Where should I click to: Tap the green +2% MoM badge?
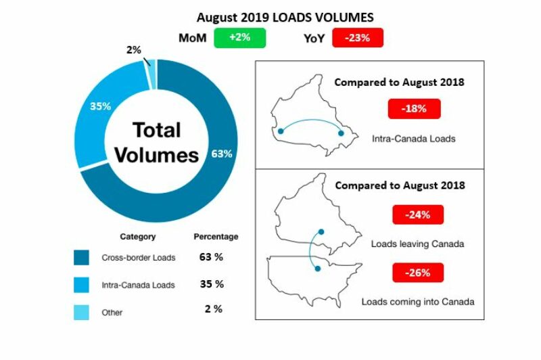coord(240,38)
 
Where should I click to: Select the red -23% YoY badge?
coord(358,38)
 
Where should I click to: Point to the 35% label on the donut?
coord(101,106)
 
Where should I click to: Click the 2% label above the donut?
coord(135,49)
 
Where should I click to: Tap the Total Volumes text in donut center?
coord(156,142)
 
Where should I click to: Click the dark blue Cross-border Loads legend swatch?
coord(82,258)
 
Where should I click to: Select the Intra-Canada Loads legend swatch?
coord(82,284)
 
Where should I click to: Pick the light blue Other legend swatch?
coord(82,312)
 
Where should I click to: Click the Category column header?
coord(137,237)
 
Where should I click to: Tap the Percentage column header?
coord(216,237)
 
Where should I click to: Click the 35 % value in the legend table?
coord(212,284)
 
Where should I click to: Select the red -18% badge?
coord(414,109)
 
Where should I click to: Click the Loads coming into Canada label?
coord(418,301)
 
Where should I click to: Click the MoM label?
coord(192,39)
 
